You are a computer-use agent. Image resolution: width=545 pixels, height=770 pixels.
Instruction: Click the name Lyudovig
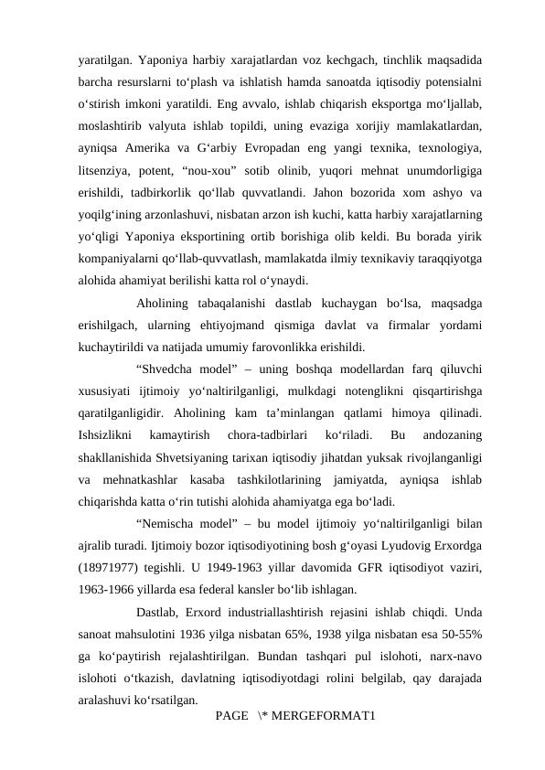[x=393, y=545]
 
